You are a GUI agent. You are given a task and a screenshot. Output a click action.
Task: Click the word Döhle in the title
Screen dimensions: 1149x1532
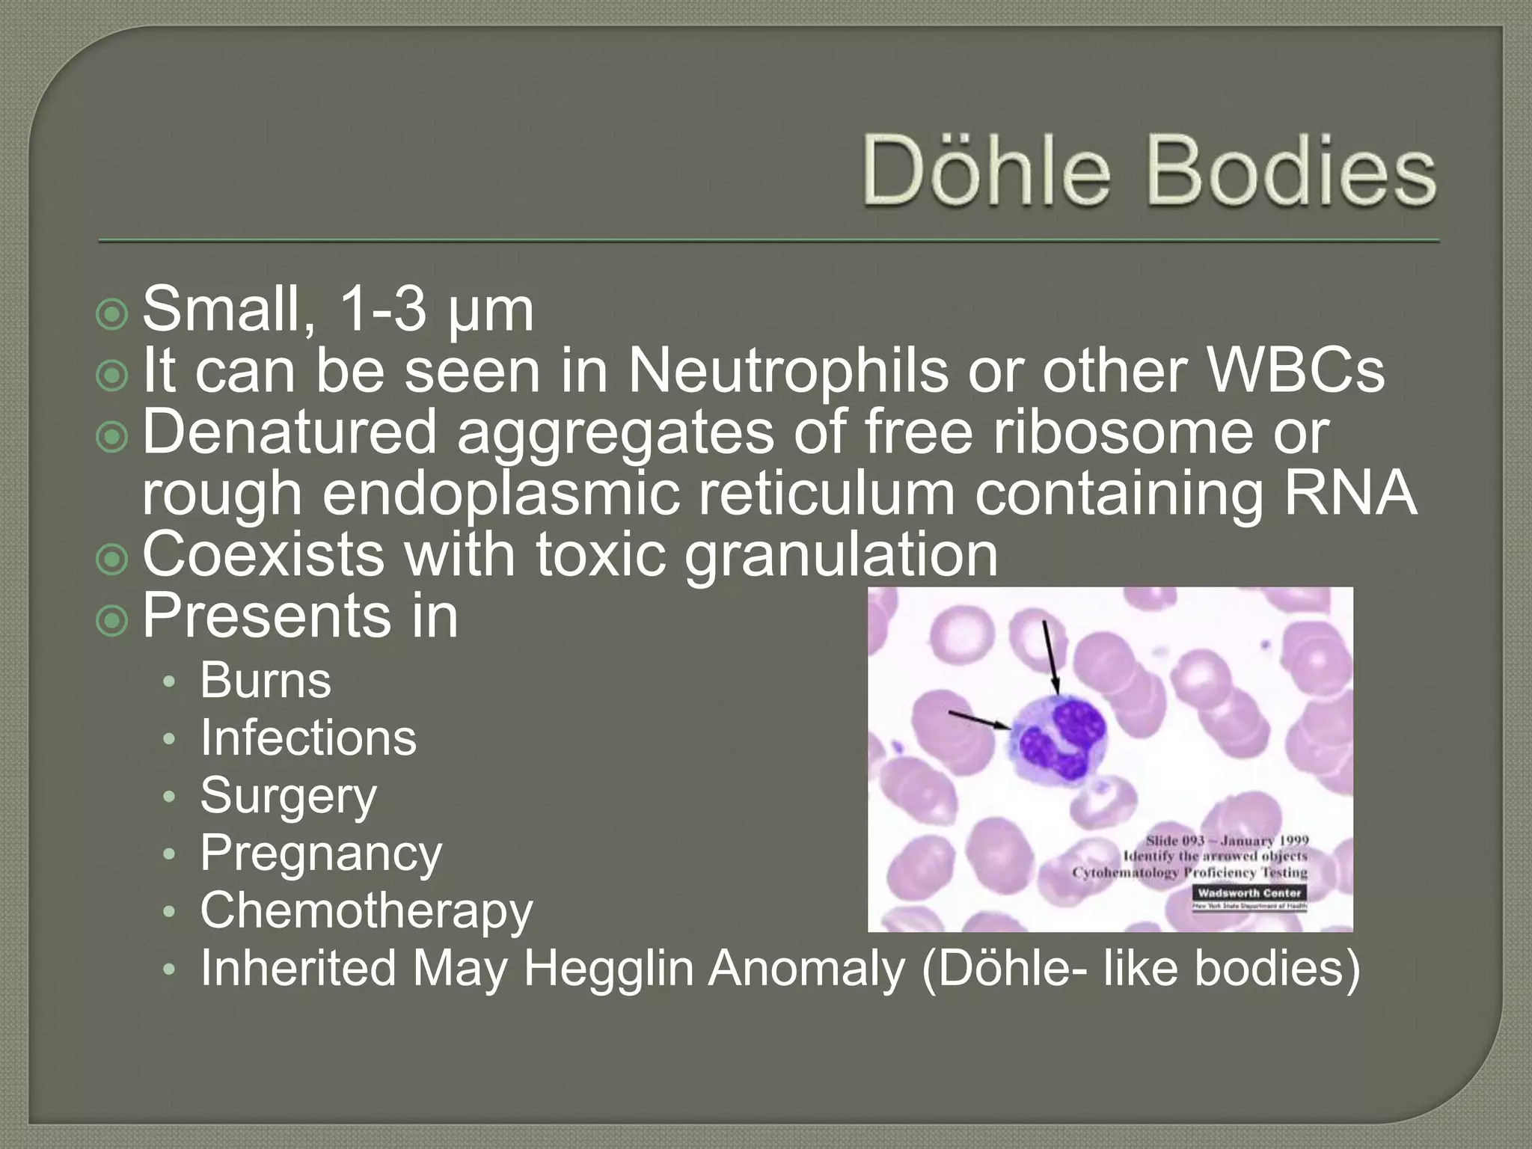[986, 171]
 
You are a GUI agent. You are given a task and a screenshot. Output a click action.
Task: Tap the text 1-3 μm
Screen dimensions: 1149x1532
[435, 310]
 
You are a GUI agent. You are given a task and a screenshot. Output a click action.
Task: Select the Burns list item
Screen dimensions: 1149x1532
[266, 681]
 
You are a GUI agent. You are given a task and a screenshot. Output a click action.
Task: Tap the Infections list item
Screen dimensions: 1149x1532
[308, 738]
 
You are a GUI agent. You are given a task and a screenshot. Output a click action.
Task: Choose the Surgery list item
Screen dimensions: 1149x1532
[289, 796]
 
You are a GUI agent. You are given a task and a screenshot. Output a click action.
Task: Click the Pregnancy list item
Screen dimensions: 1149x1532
[321, 854]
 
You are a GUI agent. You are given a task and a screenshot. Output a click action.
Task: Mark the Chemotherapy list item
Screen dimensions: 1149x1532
[367, 911]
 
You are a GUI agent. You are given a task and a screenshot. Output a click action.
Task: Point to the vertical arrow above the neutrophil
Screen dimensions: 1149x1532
[1050, 658]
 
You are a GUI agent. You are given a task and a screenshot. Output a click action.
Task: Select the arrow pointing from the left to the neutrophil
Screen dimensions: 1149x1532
[979, 720]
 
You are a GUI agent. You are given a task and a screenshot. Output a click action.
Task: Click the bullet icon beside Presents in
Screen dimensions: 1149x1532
[112, 619]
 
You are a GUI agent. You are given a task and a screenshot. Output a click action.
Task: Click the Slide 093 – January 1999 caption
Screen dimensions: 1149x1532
[1227, 840]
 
